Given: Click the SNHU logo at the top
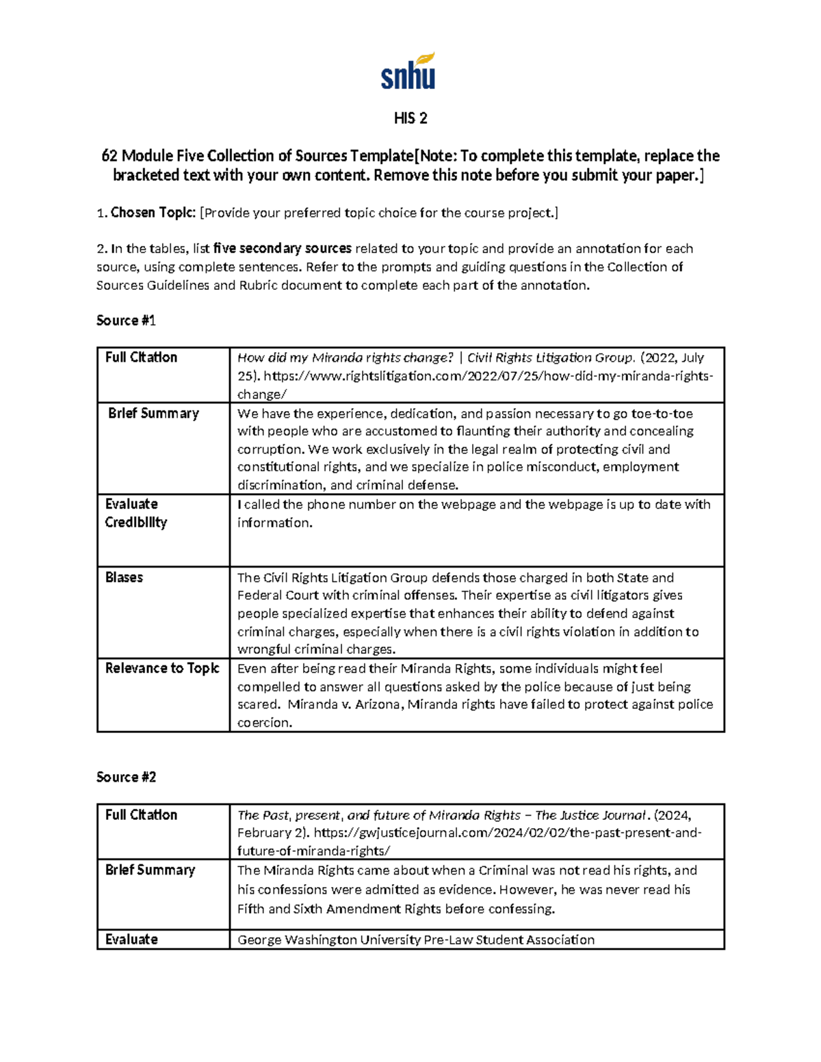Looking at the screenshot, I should (x=408, y=72).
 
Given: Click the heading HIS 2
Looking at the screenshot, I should (x=410, y=118).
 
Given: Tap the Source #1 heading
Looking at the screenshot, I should (x=127, y=320).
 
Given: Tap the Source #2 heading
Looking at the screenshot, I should (x=127, y=777).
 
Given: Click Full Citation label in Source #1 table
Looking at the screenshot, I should (x=141, y=357).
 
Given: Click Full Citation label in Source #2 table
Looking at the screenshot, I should (x=141, y=814).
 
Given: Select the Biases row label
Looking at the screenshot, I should (x=124, y=577).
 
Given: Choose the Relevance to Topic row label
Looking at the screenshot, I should (x=162, y=668).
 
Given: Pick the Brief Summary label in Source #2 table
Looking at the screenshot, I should (x=150, y=870).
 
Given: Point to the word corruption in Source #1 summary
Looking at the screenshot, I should (x=270, y=449).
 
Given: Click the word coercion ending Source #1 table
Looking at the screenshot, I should (x=264, y=723).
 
